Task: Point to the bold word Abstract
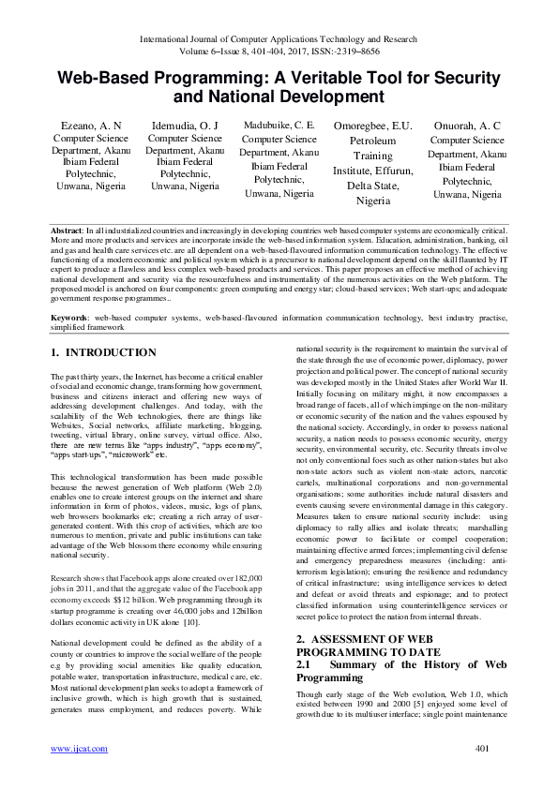68,230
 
